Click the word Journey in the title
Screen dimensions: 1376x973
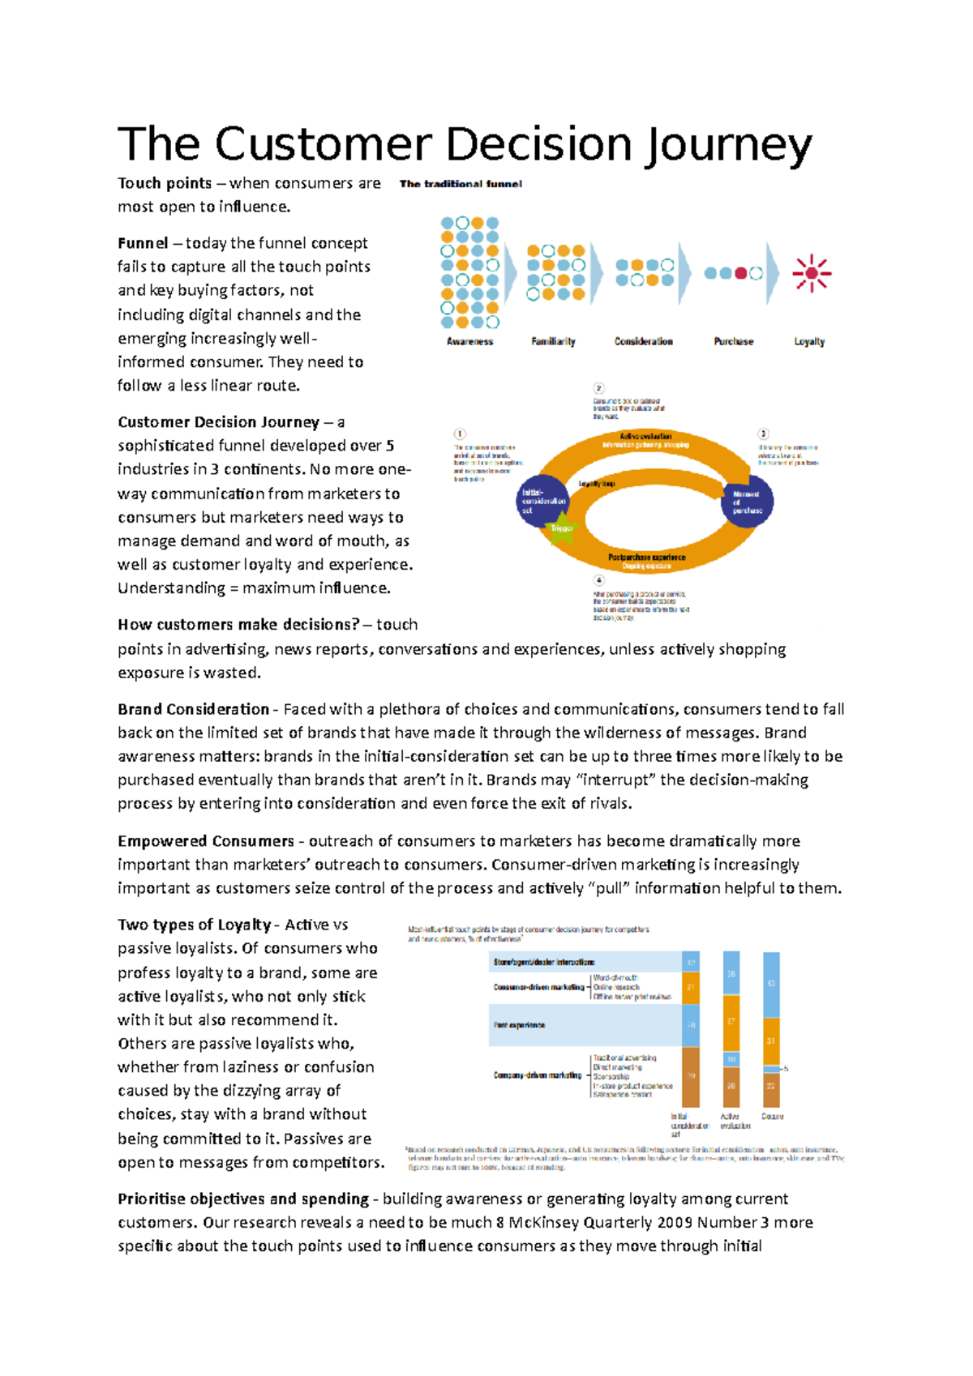click(x=728, y=146)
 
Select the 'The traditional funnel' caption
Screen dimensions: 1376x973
click(x=461, y=184)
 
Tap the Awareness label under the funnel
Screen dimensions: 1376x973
click(x=469, y=341)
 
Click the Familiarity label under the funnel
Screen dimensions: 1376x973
click(x=553, y=341)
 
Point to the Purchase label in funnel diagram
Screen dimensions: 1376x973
click(x=733, y=341)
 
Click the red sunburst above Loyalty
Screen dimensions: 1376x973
click(x=812, y=274)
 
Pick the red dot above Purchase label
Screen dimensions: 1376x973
click(x=739, y=274)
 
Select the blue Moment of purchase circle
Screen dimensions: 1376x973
click(x=747, y=502)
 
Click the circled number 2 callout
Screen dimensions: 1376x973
click(x=598, y=388)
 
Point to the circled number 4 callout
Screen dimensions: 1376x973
click(x=598, y=580)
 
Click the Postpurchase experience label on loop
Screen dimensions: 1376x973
click(x=646, y=558)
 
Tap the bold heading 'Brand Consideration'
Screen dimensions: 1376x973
click(x=193, y=709)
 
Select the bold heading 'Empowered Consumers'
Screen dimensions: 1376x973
click(x=206, y=841)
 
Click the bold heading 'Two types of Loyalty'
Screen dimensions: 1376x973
click(x=194, y=925)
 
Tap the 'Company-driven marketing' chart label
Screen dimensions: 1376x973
click(x=538, y=1075)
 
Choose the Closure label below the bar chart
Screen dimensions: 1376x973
click(x=772, y=1117)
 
